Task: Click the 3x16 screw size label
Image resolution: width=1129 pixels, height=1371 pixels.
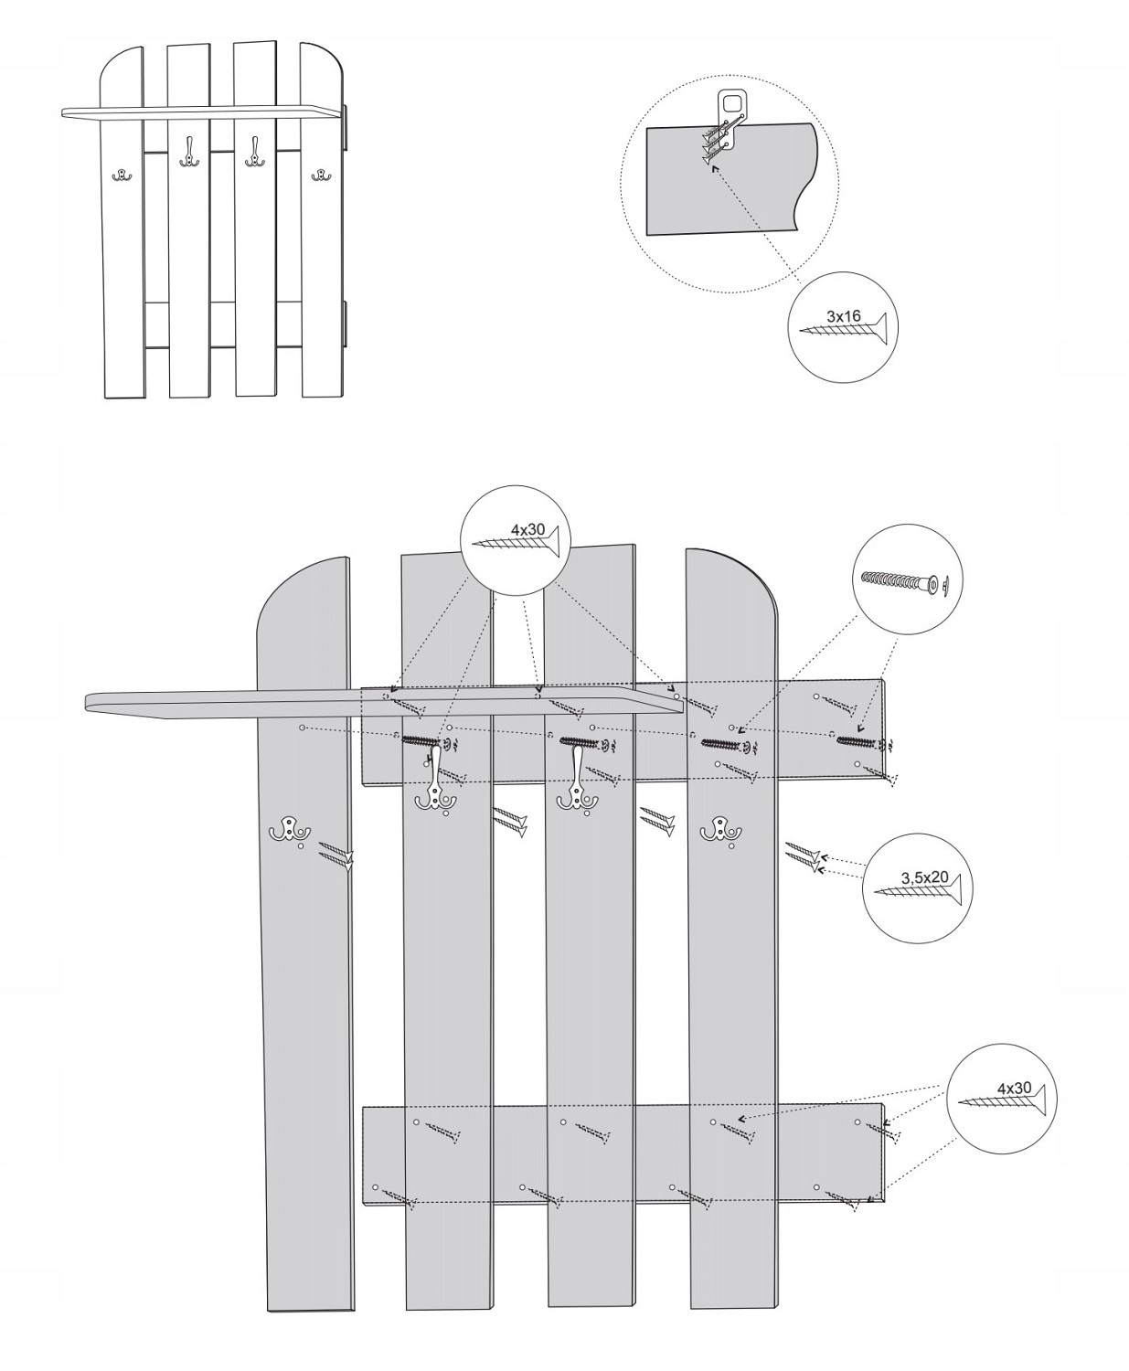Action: (844, 316)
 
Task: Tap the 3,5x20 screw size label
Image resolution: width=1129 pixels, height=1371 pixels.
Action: (924, 877)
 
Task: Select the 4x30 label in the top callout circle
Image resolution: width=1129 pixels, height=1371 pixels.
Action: (527, 529)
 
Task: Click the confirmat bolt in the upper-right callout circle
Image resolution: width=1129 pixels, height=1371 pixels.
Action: (905, 579)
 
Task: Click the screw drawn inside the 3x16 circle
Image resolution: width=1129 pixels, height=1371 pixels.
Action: (844, 327)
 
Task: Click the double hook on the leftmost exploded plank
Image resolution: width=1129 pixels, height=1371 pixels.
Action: (289, 831)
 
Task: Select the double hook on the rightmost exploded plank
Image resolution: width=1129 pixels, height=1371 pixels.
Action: (720, 829)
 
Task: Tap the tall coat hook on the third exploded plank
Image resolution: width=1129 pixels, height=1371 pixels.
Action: (577, 779)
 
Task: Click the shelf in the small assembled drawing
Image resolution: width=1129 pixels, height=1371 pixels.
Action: (204, 113)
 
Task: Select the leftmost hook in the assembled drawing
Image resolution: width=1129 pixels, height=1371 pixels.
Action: (121, 175)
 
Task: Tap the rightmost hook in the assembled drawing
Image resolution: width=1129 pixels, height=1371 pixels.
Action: (320, 175)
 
